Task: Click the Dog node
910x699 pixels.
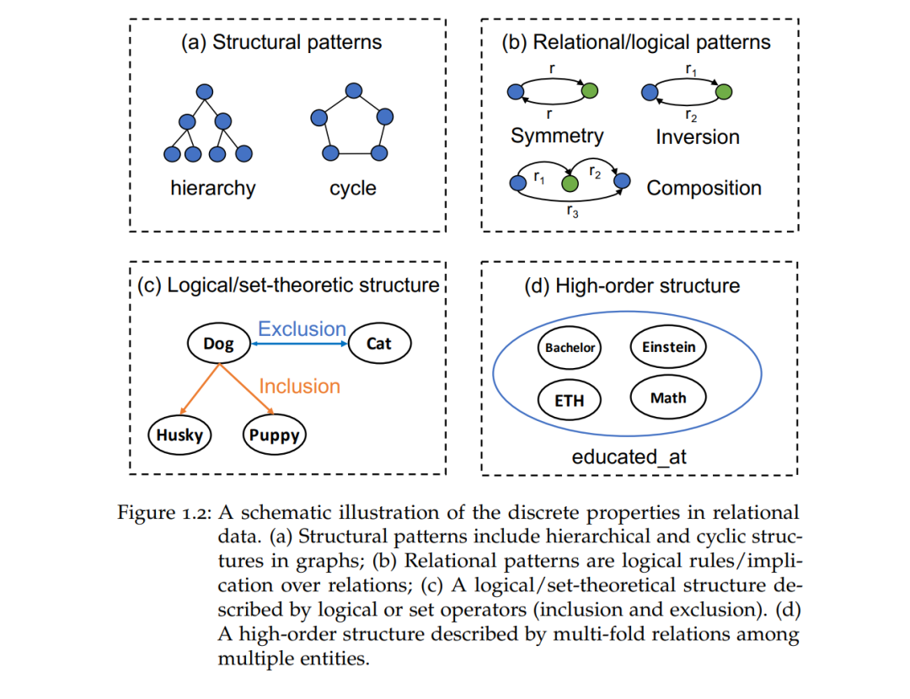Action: tap(219, 344)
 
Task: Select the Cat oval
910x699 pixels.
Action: tap(379, 344)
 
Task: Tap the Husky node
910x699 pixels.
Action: tap(180, 435)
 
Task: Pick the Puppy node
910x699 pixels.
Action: tap(274, 435)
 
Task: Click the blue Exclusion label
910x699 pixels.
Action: tap(302, 329)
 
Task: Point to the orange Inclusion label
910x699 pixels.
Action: tap(299, 387)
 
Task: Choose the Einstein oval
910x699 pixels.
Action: tap(668, 347)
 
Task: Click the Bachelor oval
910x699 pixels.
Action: tap(570, 348)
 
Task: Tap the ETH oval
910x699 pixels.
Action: tap(570, 400)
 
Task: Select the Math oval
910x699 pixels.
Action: tap(668, 398)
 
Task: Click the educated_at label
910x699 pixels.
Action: tap(629, 457)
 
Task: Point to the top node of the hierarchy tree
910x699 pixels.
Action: tap(204, 92)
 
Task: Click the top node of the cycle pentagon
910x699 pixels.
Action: tap(353, 90)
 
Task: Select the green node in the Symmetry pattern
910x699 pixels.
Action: tap(590, 90)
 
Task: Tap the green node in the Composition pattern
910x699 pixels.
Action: tap(570, 184)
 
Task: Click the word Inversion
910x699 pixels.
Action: tap(698, 137)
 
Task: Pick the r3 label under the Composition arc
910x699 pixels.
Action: tap(573, 211)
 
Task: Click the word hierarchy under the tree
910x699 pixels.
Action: tap(213, 188)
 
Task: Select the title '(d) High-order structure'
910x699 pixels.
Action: tap(632, 285)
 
